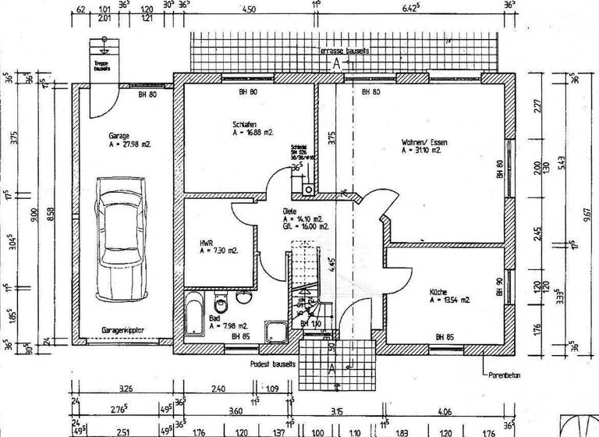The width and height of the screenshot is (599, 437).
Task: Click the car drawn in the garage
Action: pos(121,238)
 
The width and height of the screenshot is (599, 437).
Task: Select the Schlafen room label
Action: pos(246,124)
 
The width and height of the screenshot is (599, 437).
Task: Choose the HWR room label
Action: pos(206,243)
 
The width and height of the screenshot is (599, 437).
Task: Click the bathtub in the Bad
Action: pos(194,315)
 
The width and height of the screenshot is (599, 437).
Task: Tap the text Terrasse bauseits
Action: pos(343,50)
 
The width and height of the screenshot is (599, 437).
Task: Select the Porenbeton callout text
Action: pos(505,375)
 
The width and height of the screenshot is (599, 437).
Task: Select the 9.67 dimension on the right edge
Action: pos(576,221)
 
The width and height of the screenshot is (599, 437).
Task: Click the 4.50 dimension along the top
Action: pos(248,11)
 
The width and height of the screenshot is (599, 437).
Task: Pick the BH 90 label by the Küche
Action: pos(499,287)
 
